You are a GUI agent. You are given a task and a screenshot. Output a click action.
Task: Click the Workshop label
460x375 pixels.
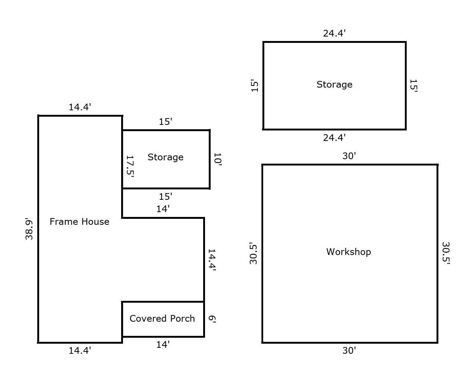coord(348,252)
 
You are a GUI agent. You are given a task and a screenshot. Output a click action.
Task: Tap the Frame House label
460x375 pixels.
coord(79,222)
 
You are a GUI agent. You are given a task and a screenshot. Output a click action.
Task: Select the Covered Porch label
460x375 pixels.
coord(162,318)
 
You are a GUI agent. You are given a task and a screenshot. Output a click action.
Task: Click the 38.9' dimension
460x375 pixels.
coord(29,229)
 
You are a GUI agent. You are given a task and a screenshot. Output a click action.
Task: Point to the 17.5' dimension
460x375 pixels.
coord(130,166)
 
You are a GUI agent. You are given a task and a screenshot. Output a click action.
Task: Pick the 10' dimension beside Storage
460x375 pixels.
coord(218,159)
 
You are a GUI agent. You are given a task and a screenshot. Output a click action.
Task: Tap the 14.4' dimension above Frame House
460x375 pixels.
coord(80,107)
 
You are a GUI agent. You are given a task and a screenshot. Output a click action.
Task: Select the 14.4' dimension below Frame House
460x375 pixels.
coord(80,350)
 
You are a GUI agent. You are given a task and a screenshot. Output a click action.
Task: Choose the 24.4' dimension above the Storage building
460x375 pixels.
coord(334,34)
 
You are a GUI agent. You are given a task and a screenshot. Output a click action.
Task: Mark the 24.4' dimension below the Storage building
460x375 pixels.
coord(334,138)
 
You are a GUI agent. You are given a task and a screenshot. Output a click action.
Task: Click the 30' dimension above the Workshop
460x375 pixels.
coord(349,156)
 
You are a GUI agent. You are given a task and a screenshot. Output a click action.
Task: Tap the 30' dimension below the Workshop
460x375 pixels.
coord(349,350)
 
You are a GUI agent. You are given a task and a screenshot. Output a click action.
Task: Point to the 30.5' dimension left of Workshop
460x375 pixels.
coord(253,253)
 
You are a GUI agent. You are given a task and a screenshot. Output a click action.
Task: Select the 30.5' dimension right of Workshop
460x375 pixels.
coord(446,253)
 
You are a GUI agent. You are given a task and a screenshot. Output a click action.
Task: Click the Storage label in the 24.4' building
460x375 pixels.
coord(334,85)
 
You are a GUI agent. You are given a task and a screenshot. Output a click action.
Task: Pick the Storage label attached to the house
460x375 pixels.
coord(166,157)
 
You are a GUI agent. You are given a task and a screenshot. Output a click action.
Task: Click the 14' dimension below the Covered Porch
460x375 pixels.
coord(163,344)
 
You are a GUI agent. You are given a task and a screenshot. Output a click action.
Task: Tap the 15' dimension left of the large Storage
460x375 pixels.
coord(255,85)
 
